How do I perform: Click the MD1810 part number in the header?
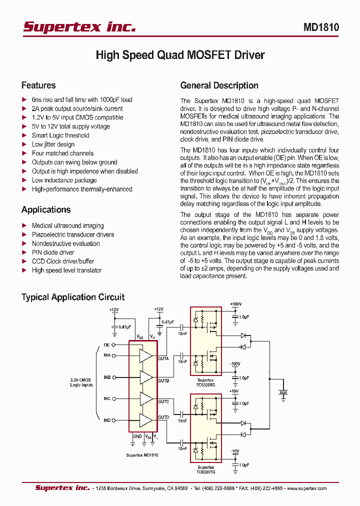321,27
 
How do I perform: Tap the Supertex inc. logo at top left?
79,27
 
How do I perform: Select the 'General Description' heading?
219,85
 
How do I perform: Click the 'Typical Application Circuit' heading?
73,297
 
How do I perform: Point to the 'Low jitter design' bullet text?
53,144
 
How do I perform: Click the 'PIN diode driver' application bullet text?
53,252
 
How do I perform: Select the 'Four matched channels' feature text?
62,153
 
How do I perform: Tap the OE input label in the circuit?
106,345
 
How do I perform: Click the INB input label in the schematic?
107,377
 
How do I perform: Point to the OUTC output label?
163,401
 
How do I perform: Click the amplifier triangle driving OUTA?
146,355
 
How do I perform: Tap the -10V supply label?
235,451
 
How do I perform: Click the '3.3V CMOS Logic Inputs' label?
81,382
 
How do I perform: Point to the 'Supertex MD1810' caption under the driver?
142,455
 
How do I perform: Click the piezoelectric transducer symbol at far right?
283,393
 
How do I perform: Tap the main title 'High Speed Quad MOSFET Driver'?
180,55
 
